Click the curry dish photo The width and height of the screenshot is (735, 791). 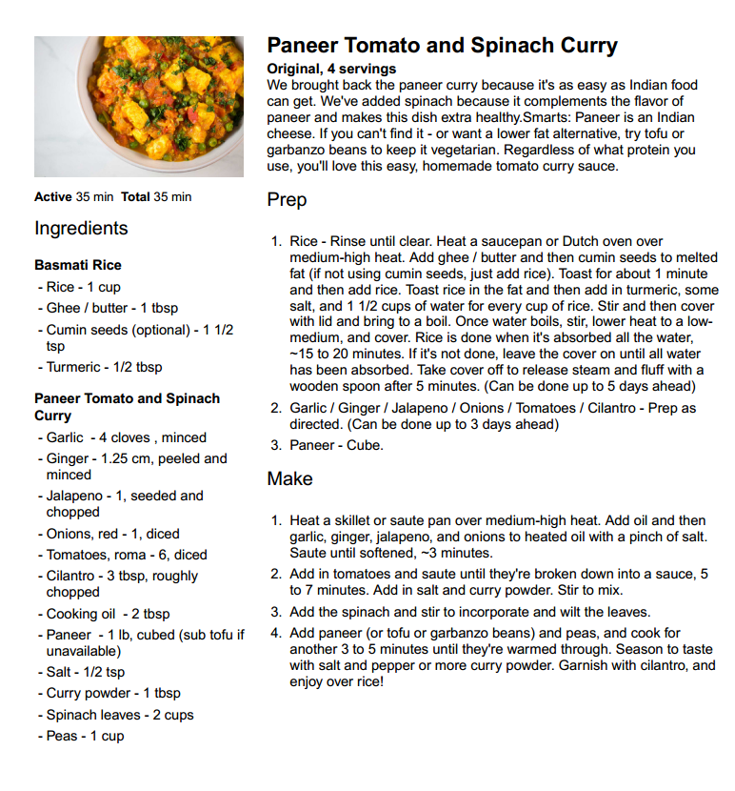tap(139, 107)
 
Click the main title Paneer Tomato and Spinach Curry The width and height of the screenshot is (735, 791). tap(442, 46)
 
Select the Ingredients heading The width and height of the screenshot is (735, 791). tap(81, 229)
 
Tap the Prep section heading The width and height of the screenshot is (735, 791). tap(287, 201)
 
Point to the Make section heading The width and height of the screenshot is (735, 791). tap(289, 478)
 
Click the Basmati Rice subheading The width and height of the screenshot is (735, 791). tap(78, 265)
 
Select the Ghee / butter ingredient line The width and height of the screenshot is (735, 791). tap(112, 308)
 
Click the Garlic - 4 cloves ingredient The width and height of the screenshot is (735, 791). tap(127, 437)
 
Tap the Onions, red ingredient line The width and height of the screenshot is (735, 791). tap(113, 534)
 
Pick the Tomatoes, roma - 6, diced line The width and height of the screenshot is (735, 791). tap(127, 555)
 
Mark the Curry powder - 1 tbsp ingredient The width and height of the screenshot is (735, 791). tap(113, 693)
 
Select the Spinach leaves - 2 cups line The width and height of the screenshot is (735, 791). tap(119, 715)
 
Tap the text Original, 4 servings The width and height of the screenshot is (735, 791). tap(331, 69)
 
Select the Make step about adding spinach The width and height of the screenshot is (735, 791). tap(470, 612)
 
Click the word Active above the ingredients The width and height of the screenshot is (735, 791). tap(53, 197)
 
